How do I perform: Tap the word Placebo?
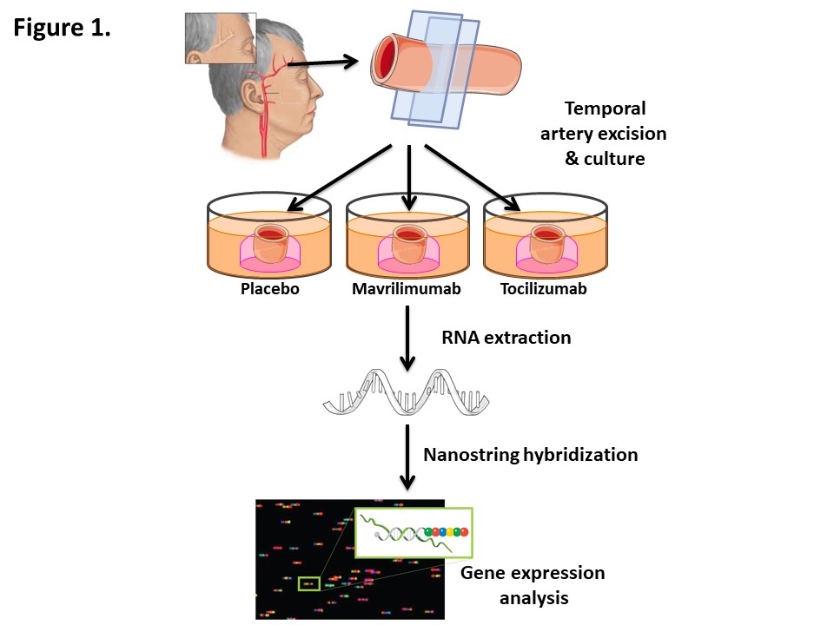click(x=269, y=289)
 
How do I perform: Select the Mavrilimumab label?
click(x=407, y=289)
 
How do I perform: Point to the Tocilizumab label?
click(x=545, y=289)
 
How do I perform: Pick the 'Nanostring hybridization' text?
click(x=530, y=454)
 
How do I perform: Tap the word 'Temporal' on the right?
click(x=605, y=109)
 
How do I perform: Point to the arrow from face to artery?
click(x=323, y=61)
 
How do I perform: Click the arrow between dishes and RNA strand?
click(x=407, y=339)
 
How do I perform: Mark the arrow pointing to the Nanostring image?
click(x=407, y=455)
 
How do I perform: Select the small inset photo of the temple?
click(x=220, y=39)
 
